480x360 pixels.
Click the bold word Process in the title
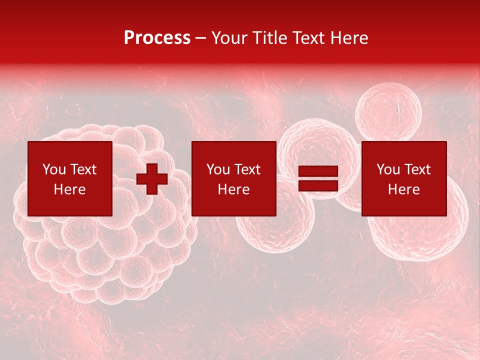157,38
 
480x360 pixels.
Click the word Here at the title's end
349,38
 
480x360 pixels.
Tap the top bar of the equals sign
318,172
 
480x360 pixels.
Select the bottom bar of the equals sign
318,186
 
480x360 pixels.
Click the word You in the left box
54,169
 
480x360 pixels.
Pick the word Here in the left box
69,189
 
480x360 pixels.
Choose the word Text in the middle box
247,169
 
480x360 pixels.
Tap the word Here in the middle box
233,189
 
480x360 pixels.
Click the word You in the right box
388,169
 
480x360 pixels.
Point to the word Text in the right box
417,169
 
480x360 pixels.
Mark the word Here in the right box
403,189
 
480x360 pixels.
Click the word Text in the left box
83,169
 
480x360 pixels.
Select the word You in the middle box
218,169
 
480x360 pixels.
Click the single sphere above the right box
388,111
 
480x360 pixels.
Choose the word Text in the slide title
306,38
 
